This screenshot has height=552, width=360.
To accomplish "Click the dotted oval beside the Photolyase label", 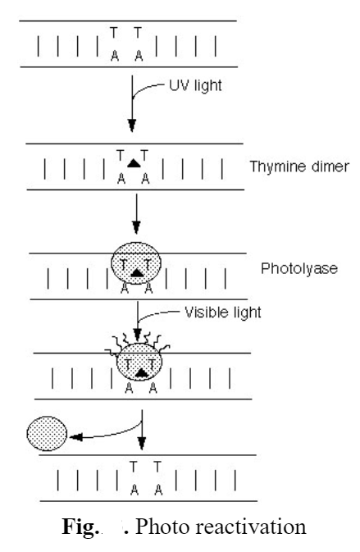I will coord(136,267).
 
